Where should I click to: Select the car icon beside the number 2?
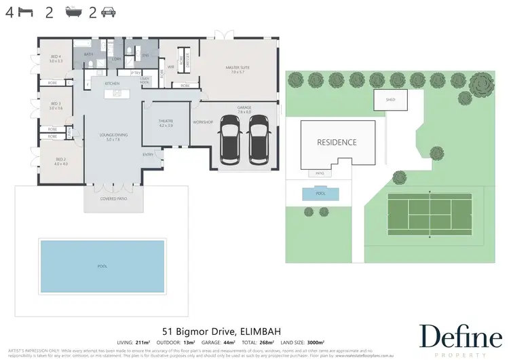click(x=109, y=12)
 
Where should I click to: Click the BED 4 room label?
click(x=56, y=58)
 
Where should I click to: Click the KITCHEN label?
click(x=112, y=84)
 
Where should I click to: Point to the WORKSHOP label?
click(x=203, y=122)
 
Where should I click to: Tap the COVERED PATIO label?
click(x=112, y=199)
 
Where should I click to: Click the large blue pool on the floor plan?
click(x=102, y=266)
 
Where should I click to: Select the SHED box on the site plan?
click(x=390, y=100)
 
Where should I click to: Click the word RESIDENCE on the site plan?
click(x=337, y=143)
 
